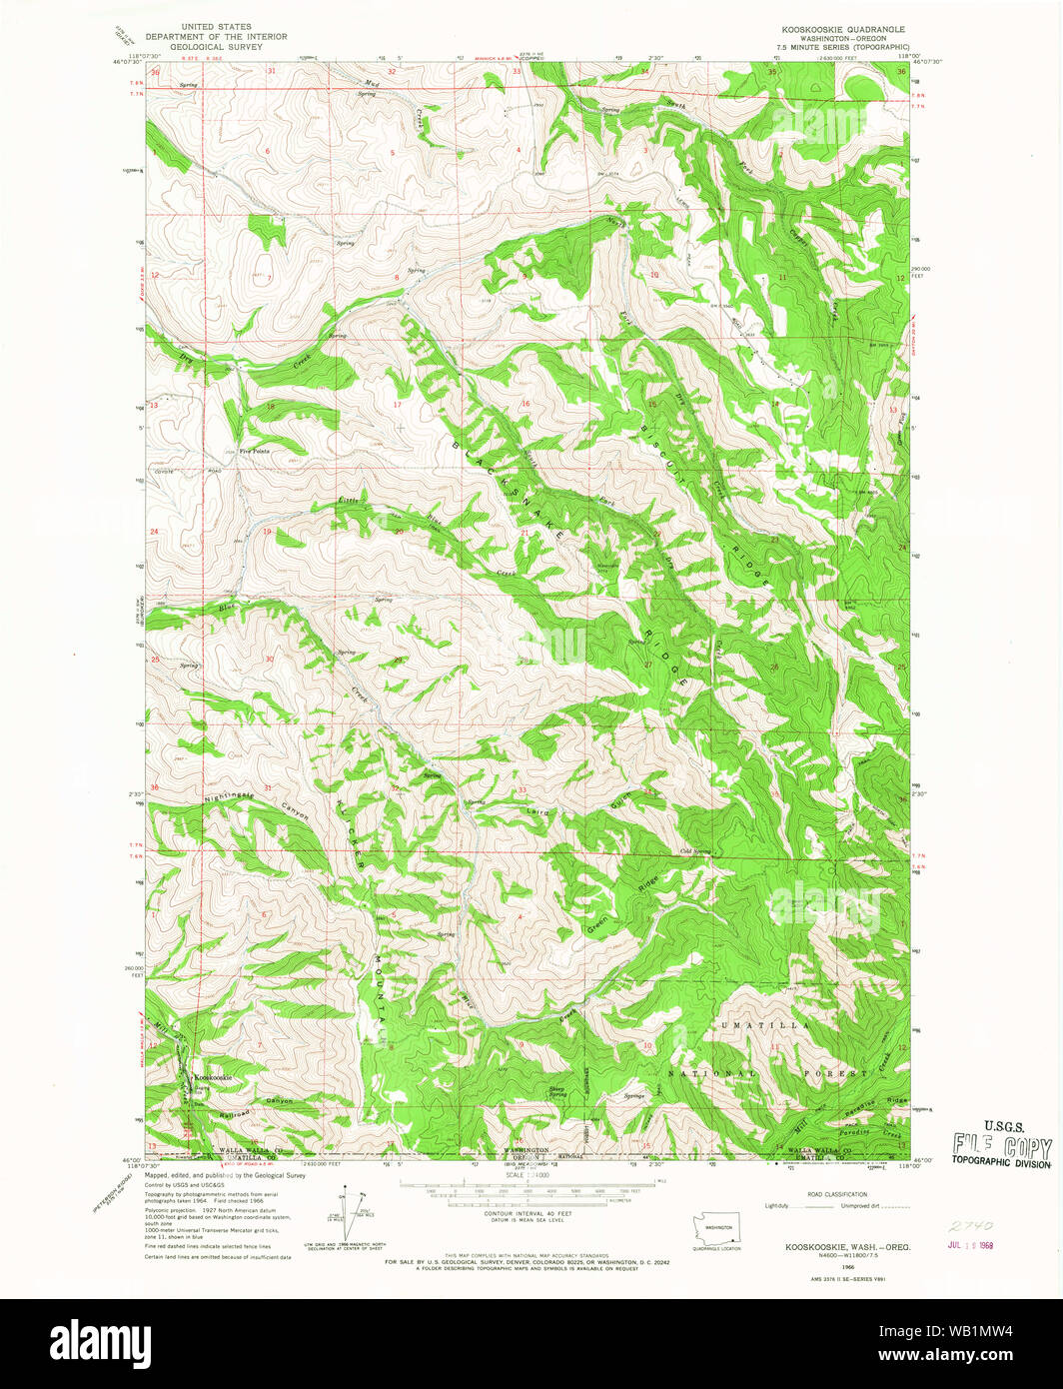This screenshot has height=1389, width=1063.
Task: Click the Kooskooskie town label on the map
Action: pyautogui.click(x=213, y=1077)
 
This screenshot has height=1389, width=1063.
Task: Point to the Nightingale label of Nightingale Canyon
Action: pyautogui.click(x=229, y=795)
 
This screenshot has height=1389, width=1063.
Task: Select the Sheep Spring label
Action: pyautogui.click(x=557, y=1091)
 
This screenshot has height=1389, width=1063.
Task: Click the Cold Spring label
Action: pyautogui.click(x=695, y=851)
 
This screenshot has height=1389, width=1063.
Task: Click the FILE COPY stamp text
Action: pyautogui.click(x=1000, y=1147)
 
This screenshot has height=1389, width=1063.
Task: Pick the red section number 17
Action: pyautogui.click(x=397, y=405)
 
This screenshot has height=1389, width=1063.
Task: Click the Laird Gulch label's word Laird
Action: pyautogui.click(x=536, y=812)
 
